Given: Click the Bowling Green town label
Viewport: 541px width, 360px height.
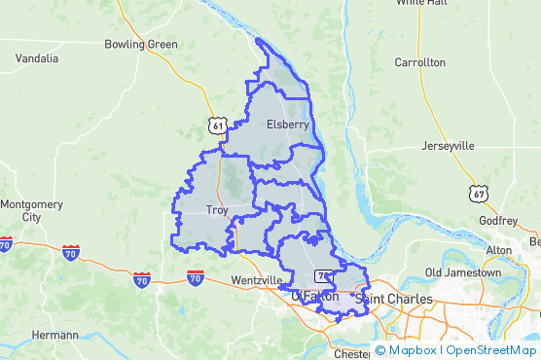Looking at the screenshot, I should (x=141, y=44).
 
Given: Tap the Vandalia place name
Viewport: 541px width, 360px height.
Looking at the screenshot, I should (x=36, y=58).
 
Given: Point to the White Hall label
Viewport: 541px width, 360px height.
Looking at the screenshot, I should (x=422, y=4).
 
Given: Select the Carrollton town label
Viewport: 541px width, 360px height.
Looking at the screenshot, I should (x=419, y=62).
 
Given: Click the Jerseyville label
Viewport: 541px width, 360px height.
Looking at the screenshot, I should (x=448, y=146).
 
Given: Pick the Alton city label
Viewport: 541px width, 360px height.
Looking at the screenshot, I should (x=498, y=250).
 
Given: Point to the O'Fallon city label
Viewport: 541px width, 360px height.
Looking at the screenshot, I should (x=315, y=296).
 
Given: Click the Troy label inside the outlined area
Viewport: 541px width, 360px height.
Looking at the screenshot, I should (x=217, y=209).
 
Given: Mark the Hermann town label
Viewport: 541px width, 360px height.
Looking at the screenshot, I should (x=54, y=335).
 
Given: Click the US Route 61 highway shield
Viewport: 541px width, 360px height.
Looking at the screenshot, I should (x=217, y=126).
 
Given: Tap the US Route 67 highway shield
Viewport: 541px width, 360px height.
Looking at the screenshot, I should (x=477, y=193).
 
